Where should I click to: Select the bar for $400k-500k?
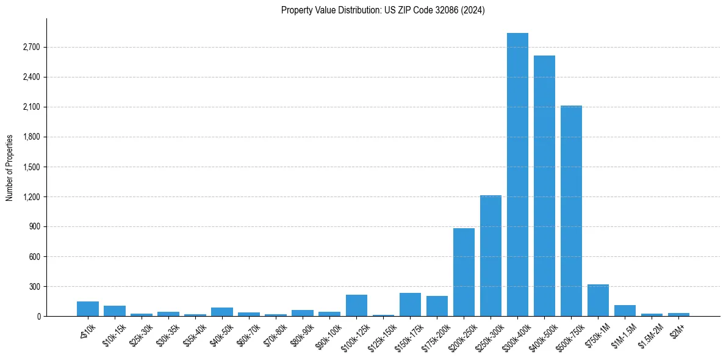click(x=544, y=186)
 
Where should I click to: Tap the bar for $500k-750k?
click(x=571, y=211)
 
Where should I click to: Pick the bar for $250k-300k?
click(x=491, y=256)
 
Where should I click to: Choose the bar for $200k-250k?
click(x=464, y=272)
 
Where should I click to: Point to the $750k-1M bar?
click(x=598, y=300)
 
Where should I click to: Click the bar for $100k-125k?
click(x=356, y=306)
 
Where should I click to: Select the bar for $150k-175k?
click(x=410, y=304)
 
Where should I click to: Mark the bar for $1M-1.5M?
click(x=625, y=311)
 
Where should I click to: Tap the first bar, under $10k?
click(x=88, y=309)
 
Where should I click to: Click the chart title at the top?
click(x=383, y=10)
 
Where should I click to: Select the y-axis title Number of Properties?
click(x=10, y=167)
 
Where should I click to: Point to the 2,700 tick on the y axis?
click(x=31, y=48)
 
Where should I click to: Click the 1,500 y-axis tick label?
click(x=31, y=167)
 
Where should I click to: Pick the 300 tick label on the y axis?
click(x=34, y=287)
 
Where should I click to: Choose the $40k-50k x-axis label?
click(x=221, y=334)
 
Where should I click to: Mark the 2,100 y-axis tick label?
click(x=31, y=107)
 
